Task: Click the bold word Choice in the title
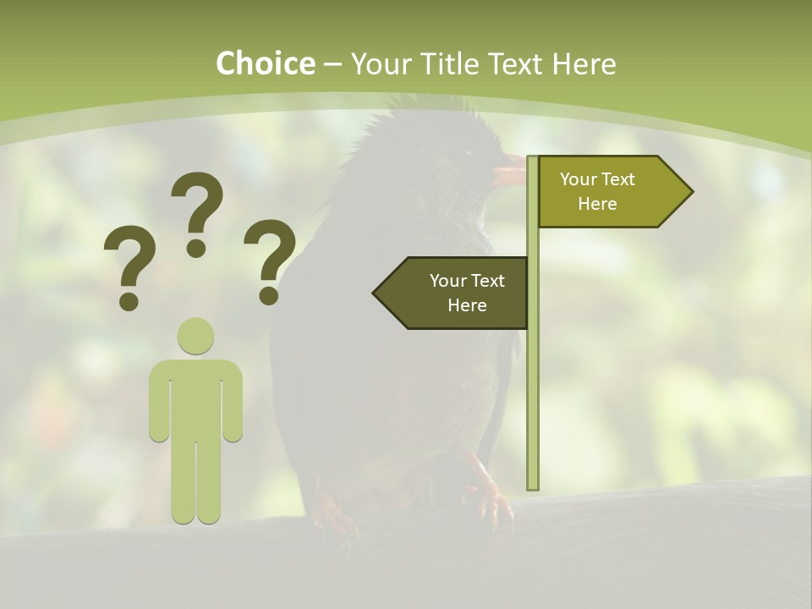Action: (x=265, y=63)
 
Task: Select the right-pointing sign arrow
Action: (x=614, y=191)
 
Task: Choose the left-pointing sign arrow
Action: (x=453, y=293)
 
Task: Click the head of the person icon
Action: (x=195, y=336)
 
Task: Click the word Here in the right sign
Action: (x=597, y=204)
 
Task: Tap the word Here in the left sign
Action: (x=467, y=305)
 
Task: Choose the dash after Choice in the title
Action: (x=332, y=64)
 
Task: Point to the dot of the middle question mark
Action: (x=196, y=248)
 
